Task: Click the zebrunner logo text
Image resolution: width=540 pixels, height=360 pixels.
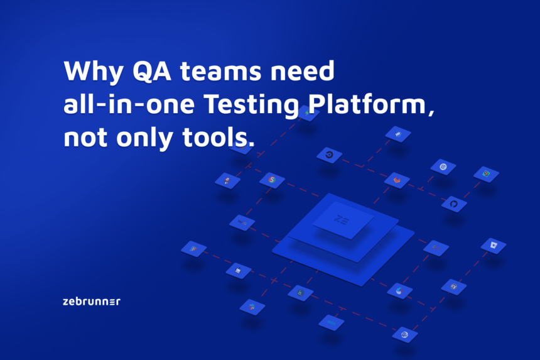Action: (x=92, y=302)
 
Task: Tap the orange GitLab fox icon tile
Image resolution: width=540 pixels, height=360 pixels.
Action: (x=397, y=180)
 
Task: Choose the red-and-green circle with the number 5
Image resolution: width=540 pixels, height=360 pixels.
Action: (x=272, y=180)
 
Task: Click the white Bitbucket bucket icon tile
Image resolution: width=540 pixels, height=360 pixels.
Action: (x=494, y=245)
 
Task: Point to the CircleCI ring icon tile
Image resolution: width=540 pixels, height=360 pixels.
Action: (x=329, y=155)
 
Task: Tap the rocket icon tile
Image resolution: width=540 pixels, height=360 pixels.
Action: (x=227, y=181)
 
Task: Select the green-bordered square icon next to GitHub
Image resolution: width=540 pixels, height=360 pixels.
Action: (x=486, y=174)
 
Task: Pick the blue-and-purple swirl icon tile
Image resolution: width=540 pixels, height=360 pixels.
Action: (x=399, y=290)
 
